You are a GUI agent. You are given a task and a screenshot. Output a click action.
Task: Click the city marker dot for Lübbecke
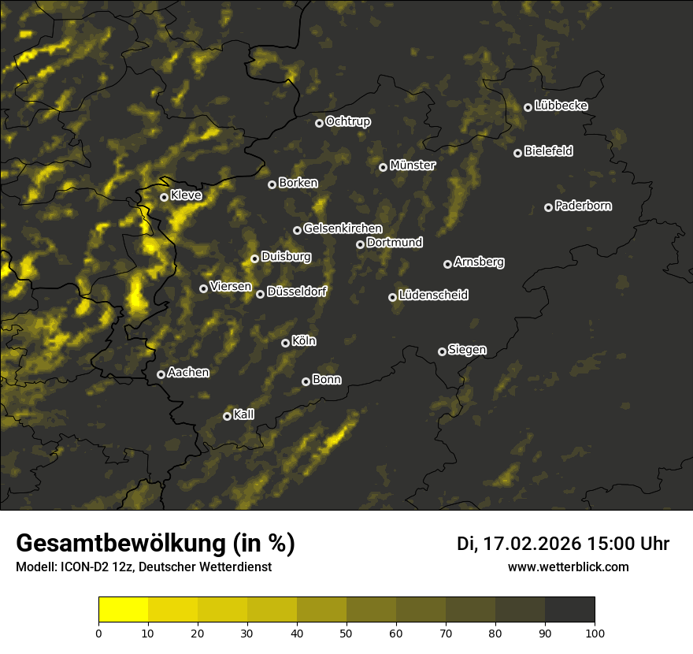(528, 107)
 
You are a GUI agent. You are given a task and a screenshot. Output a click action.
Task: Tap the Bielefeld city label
(548, 150)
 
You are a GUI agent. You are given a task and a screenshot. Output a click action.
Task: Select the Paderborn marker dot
(548, 207)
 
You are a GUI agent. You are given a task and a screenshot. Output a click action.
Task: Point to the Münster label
(412, 165)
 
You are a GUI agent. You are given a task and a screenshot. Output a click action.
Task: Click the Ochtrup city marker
(319, 123)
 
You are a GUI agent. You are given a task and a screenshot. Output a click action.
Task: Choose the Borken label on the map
(298, 183)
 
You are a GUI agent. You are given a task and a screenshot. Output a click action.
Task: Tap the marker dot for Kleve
(164, 197)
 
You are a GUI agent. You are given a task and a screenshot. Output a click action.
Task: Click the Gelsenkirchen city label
(343, 229)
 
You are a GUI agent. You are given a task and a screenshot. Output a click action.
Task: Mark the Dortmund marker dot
(360, 244)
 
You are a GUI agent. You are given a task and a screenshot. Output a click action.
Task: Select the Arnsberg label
(479, 262)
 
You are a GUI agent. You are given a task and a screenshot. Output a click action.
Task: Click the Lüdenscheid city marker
(392, 297)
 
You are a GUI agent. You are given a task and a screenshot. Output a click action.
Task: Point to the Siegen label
(467, 350)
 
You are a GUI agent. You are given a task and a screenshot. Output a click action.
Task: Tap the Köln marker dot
(285, 343)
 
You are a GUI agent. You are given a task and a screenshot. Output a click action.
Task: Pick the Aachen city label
(188, 373)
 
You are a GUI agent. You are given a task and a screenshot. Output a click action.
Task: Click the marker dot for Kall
(227, 416)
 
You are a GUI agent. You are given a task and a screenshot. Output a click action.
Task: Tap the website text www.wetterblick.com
(568, 567)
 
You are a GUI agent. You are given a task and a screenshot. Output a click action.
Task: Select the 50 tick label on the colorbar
(346, 632)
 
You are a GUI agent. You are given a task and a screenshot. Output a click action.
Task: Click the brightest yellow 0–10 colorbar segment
(124, 609)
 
